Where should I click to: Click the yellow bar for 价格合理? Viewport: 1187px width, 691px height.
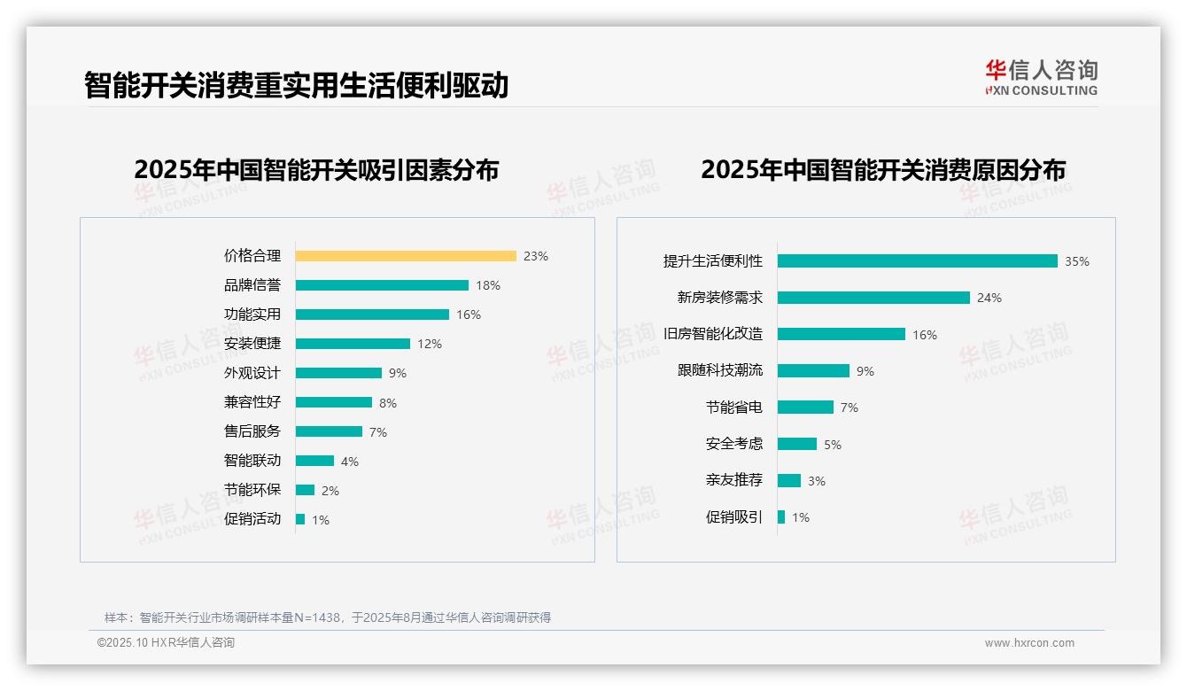[406, 256]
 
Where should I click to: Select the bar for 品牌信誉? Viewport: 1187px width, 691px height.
[382, 285]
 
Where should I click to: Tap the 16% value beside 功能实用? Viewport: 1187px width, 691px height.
[469, 314]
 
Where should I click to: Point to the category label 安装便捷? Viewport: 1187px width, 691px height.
[252, 344]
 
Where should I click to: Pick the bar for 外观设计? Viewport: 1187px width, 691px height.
[338, 373]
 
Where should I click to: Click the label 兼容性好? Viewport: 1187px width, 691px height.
[252, 402]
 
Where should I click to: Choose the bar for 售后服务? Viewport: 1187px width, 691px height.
[329, 431]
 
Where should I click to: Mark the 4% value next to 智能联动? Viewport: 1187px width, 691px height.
[350, 462]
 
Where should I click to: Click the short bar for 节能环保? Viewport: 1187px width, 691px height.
[305, 490]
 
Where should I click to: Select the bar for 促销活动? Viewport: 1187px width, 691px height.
[300, 519]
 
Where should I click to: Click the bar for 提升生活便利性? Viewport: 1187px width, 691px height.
[918, 261]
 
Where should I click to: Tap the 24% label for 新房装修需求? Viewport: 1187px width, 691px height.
[989, 299]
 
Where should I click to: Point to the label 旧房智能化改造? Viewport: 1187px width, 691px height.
[713, 334]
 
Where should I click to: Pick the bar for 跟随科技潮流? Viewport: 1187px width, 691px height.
[813, 371]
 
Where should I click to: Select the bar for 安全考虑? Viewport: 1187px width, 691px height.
[797, 444]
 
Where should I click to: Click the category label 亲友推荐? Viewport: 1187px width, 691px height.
[734, 480]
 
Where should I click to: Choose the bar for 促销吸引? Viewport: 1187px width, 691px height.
[781, 517]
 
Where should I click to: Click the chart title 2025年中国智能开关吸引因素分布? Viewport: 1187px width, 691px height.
[316, 170]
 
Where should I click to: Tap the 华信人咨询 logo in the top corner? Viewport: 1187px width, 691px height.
[1041, 77]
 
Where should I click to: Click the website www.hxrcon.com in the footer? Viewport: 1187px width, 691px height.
[1029, 643]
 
